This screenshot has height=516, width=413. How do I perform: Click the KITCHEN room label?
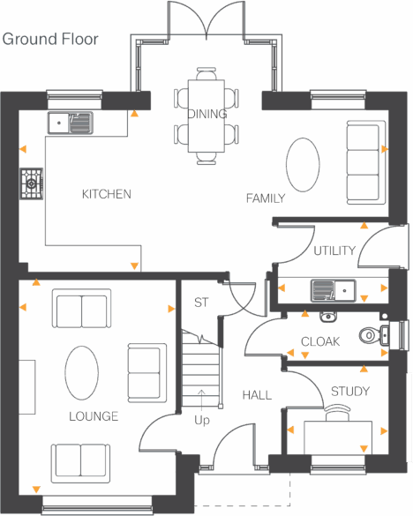106,194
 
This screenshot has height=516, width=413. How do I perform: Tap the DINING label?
207,115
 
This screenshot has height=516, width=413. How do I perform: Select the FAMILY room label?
266,199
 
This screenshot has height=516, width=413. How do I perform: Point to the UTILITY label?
334,251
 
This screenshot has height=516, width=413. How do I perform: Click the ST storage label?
201,303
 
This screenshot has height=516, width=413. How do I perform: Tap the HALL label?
257,395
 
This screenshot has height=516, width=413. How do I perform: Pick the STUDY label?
350,392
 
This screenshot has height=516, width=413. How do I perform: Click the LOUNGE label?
94,416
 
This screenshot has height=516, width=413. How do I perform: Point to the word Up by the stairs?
202,421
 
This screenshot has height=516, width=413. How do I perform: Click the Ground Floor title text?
51,40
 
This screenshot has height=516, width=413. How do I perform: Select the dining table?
207,120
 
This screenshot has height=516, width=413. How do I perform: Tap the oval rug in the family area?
303,164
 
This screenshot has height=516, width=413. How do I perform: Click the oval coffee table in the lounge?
82,374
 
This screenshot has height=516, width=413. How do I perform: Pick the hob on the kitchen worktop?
32,183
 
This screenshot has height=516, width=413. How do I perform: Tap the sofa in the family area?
363,161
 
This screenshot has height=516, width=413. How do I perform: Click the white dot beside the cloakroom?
385,316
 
